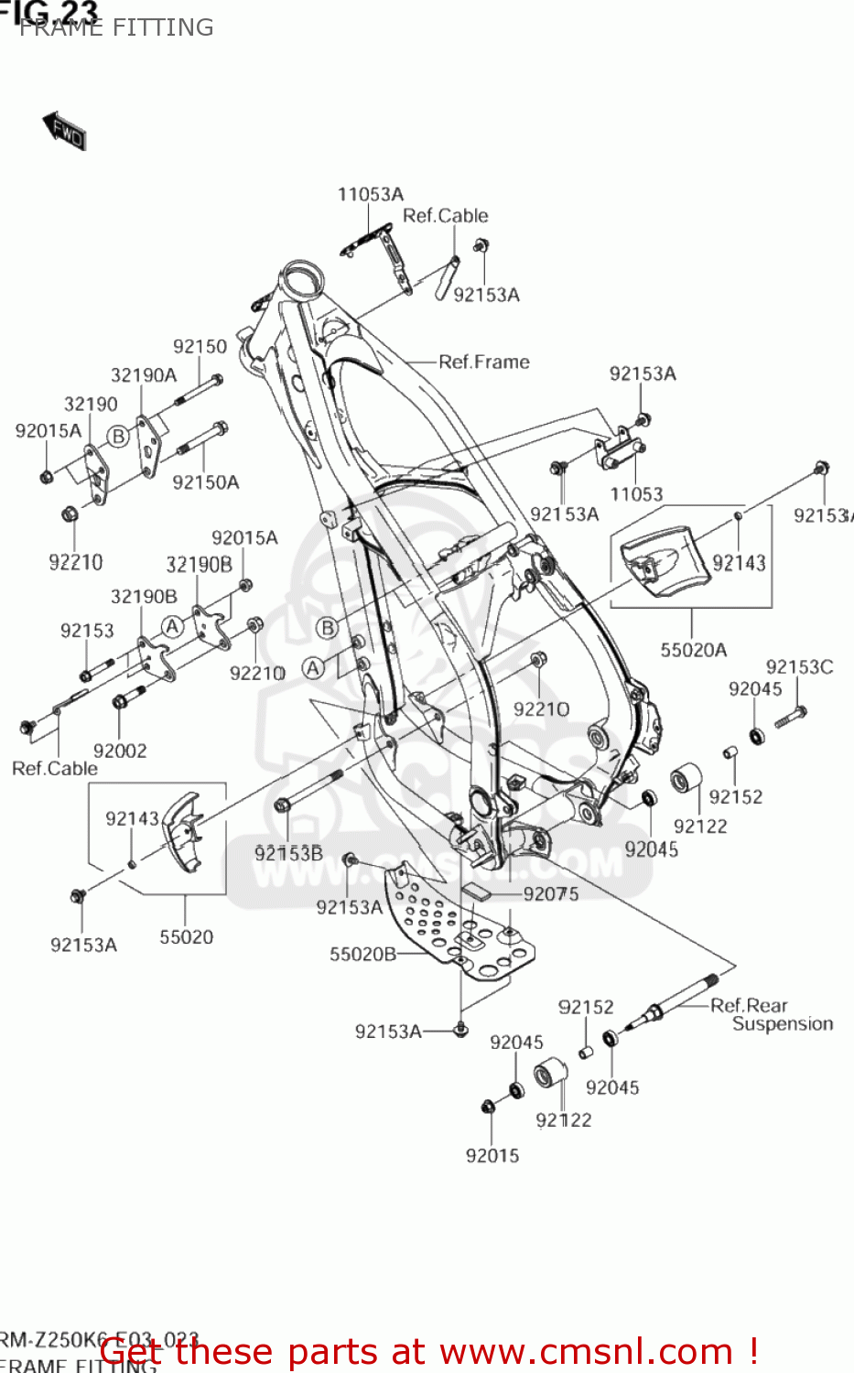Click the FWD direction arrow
coord(64,130)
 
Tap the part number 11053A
coord(370,194)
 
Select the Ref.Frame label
coord(483,362)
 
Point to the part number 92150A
coord(205,482)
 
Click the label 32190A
coord(144,375)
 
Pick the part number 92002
coord(120,751)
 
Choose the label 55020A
coord(693,650)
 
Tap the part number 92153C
coord(799,666)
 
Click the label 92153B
coord(288,853)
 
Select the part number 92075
coord(550,893)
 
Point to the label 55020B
coord(362,954)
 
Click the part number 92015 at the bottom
coord(492,1155)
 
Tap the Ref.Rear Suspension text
coord(771,1014)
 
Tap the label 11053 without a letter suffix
coord(636,494)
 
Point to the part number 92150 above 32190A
coord(200,346)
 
